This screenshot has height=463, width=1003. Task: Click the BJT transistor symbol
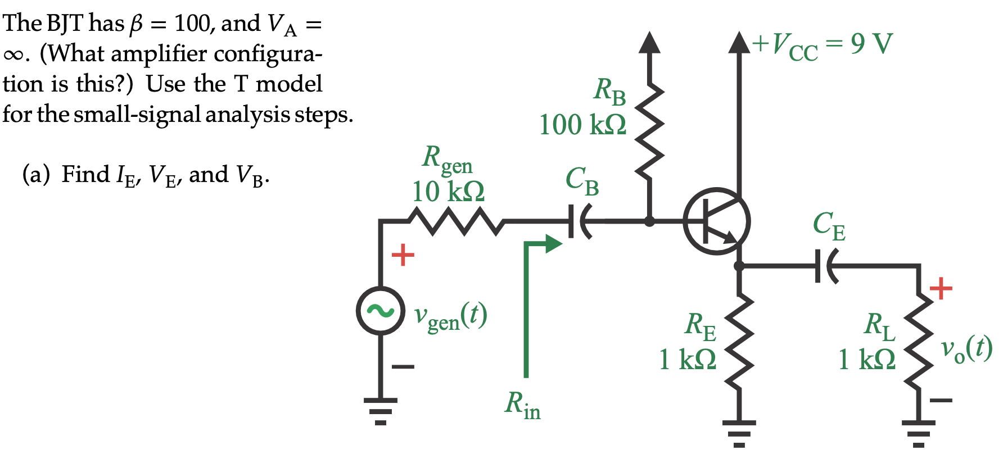point(716,221)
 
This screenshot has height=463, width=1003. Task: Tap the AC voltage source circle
point(380,311)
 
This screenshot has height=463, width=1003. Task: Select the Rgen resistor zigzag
point(457,221)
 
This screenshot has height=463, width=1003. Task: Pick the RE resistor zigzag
point(739,343)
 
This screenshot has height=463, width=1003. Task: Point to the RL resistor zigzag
point(919,343)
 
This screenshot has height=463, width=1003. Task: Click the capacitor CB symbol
point(579,221)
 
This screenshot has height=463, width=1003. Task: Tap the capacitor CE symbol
point(825,266)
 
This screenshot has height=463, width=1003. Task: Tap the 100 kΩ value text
point(582,125)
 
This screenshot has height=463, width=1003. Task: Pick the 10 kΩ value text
point(448,192)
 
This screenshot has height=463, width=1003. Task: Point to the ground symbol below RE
point(739,433)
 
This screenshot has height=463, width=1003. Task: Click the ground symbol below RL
point(919,433)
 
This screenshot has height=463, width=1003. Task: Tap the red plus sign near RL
point(941,289)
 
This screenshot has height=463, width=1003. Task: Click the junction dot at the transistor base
point(649,221)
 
